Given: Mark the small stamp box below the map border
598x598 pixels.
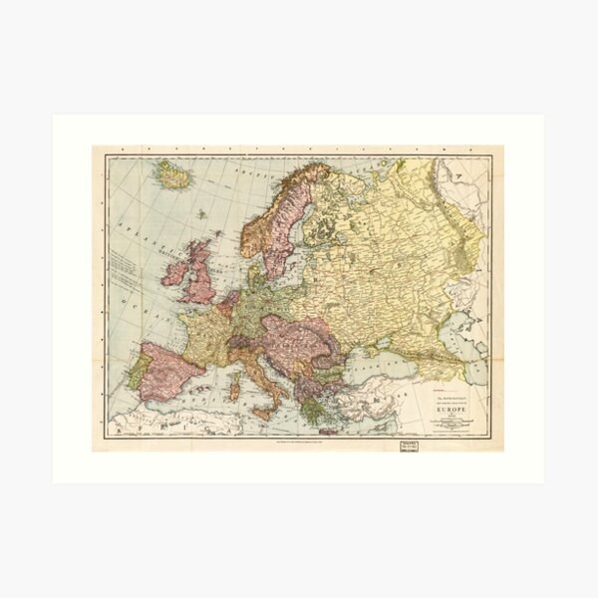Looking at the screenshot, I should (x=409, y=445).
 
